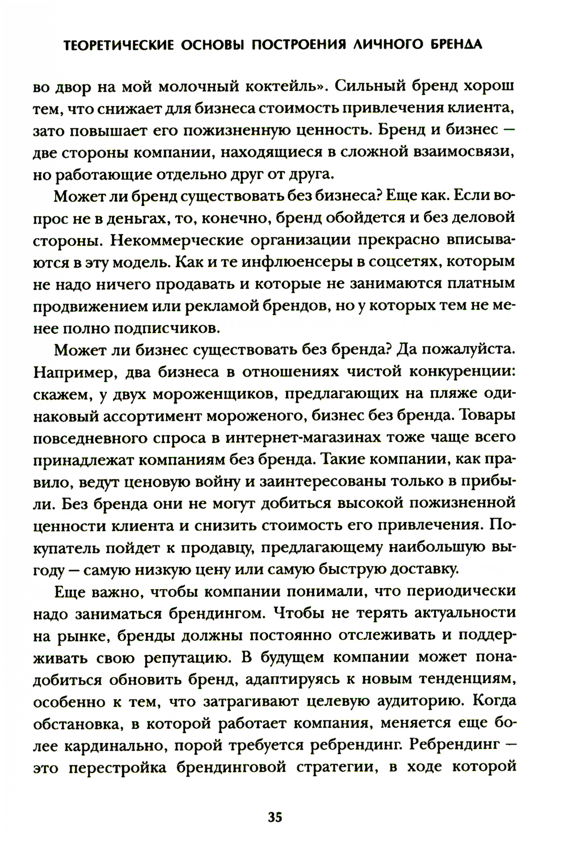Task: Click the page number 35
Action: click(x=275, y=817)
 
